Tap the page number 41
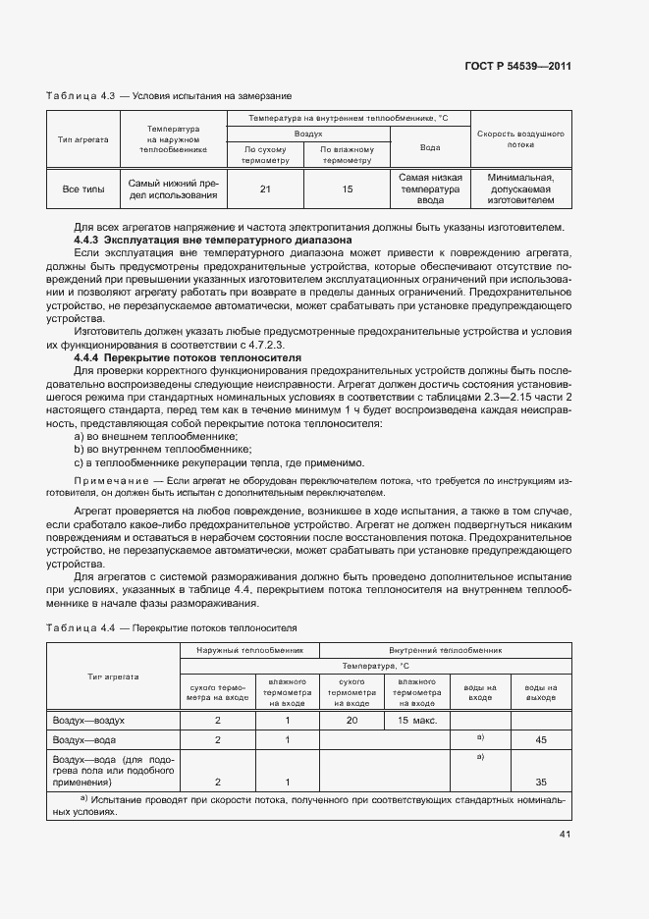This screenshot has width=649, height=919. [565, 835]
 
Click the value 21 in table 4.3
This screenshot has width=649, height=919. [265, 189]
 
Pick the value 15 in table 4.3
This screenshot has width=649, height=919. [347, 189]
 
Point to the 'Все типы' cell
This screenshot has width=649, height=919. [82, 189]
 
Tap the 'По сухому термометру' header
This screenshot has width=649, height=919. [265, 154]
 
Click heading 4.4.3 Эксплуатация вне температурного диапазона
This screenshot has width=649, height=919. [213, 240]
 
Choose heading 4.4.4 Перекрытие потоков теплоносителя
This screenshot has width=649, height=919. [189, 358]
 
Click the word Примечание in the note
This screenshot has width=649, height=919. [107, 480]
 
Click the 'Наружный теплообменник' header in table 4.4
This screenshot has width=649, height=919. [249, 649]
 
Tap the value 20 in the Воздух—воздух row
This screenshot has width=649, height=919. [352, 721]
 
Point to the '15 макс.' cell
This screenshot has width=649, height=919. [416, 721]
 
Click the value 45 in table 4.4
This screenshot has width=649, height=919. [541, 739]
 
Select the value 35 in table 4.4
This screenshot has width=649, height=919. [541, 782]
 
